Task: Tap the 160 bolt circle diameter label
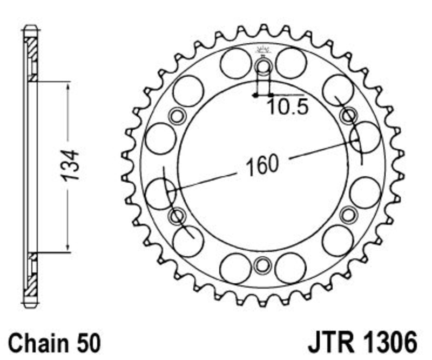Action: [262, 165]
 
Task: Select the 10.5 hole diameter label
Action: [287, 107]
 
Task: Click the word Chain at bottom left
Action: [38, 343]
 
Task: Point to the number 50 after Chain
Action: [89, 343]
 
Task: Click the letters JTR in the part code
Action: [330, 343]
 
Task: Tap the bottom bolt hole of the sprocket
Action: [262, 265]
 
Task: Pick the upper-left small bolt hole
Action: [177, 116]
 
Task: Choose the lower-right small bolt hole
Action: [348, 215]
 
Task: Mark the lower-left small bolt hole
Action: [177, 216]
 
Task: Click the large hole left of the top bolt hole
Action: [236, 63]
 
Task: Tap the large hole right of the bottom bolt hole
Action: [291, 269]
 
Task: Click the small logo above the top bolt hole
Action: [264, 50]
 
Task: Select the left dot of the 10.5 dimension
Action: [255, 96]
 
